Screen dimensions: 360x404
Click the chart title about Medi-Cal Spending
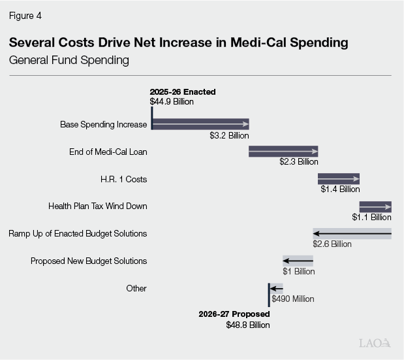tap(178, 43)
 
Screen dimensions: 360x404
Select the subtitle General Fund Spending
tap(69, 61)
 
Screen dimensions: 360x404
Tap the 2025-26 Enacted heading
tap(182, 92)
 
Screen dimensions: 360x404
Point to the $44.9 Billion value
tap(172, 102)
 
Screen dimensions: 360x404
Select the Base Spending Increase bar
tap(200, 124)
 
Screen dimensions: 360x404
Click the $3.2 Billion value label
tap(229, 136)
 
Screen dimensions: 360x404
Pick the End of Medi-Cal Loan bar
tap(283, 152)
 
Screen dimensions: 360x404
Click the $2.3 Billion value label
tap(298, 162)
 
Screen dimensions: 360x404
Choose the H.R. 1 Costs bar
tap(339, 179)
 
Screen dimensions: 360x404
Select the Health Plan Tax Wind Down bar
tap(375, 206)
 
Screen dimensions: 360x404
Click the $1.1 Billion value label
tap(371, 217)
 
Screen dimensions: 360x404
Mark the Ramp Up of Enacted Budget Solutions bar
tap(352, 233)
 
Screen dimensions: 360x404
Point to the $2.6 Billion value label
tap(332, 244)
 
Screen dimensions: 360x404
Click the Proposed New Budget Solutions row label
tap(89, 261)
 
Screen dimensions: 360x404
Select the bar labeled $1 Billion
tap(298, 261)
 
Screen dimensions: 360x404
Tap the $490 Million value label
tap(293, 299)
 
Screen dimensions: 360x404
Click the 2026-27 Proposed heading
tap(234, 314)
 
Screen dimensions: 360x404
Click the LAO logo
tap(375, 342)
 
